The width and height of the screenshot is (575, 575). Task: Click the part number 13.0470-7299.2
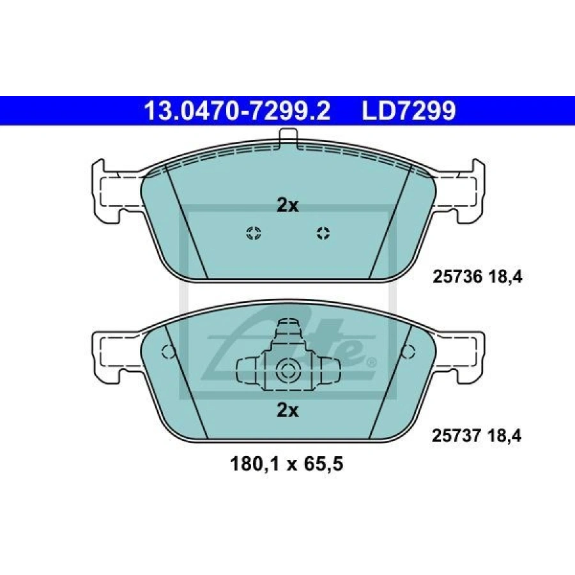[238, 111]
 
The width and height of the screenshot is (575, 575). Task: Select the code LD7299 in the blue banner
[409, 111]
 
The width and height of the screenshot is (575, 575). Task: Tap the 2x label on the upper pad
[287, 206]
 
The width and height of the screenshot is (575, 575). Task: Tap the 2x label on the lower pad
[287, 411]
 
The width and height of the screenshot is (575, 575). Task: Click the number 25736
[457, 277]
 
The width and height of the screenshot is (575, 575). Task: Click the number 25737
[457, 436]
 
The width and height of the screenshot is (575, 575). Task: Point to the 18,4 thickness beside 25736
[505, 277]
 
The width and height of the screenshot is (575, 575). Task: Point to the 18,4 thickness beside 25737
[504, 436]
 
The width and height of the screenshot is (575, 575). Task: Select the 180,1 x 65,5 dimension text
[287, 464]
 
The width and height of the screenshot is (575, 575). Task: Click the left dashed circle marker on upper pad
[254, 233]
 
